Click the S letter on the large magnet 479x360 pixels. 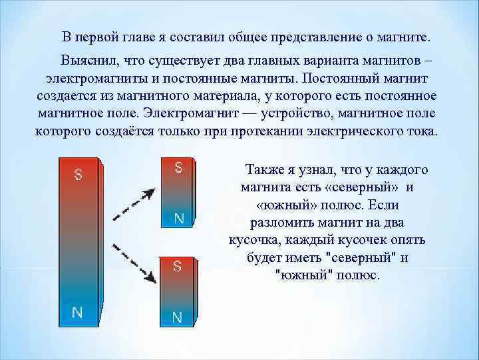79,174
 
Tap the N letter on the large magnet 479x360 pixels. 77,313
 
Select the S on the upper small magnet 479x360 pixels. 178,167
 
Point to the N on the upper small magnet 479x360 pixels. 179,218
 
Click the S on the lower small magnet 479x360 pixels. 177,266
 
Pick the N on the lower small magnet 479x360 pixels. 177,317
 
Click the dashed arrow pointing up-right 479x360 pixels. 134,205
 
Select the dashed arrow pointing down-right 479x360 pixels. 134,263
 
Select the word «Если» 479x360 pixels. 383,205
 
